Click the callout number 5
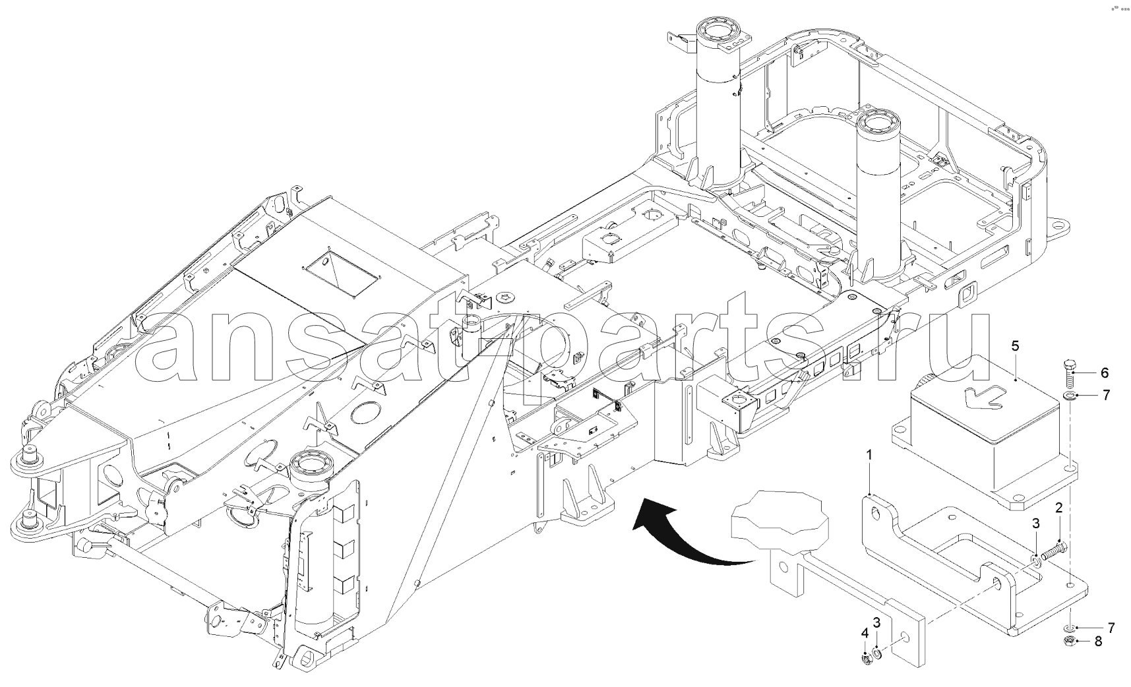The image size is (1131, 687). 1015,345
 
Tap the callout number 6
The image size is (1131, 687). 1105,373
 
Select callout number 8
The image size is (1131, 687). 1098,641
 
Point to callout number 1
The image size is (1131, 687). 870,455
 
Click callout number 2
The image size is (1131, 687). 1058,508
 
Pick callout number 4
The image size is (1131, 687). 865,634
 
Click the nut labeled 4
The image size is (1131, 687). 865,656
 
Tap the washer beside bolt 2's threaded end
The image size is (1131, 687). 1035,560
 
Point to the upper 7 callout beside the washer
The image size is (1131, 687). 1106,396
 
